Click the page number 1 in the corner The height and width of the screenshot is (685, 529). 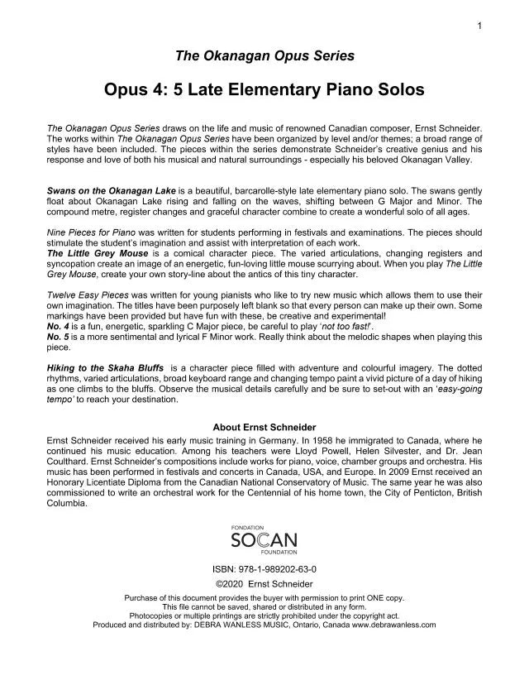[479, 27]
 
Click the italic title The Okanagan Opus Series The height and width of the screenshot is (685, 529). [264, 56]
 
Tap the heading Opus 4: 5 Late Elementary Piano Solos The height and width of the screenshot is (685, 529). [264, 88]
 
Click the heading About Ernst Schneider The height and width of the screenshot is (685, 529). [264, 428]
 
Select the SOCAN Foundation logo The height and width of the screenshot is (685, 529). [264, 539]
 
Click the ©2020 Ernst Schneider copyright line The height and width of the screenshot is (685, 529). [264, 584]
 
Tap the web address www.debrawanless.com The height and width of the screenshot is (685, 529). [393, 625]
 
